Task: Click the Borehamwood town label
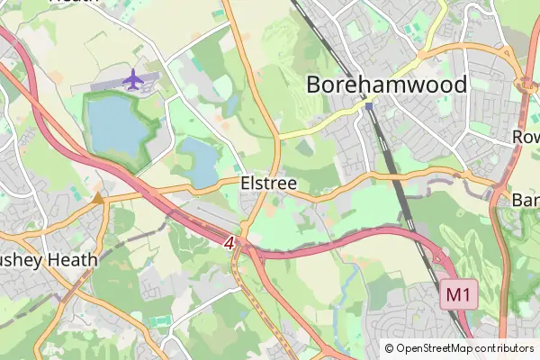(387, 85)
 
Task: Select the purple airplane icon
(133, 79)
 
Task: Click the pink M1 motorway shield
(458, 293)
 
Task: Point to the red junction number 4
(230, 243)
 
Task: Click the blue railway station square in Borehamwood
(369, 106)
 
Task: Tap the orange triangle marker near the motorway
(97, 197)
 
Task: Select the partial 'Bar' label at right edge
(525, 199)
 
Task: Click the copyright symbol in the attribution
(390, 348)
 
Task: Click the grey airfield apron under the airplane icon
(126, 90)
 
